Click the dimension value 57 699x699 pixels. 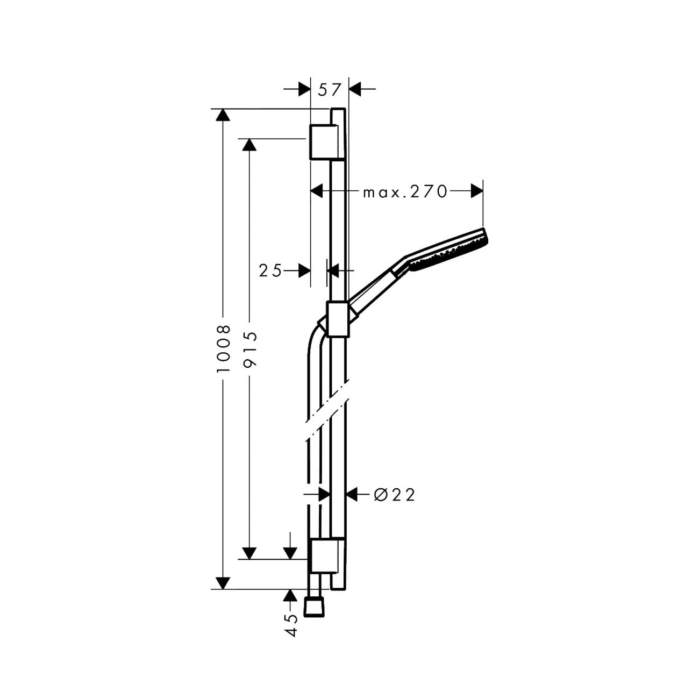(330, 90)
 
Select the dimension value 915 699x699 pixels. (250, 349)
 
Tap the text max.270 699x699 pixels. (405, 191)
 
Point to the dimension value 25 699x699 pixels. (270, 270)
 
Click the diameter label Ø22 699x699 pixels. (394, 495)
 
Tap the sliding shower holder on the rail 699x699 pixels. (338, 319)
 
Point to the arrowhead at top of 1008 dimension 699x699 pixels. (223, 115)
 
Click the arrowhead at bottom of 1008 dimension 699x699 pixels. (223, 582)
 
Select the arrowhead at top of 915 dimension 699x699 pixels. (249, 145)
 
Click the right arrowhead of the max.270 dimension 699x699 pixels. (476, 191)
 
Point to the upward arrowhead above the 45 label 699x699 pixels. (289, 596)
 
